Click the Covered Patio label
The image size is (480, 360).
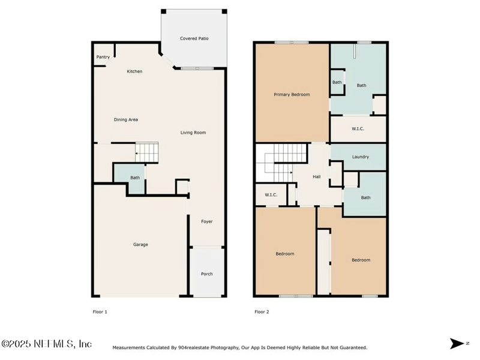(x=194, y=38)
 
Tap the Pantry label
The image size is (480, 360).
(x=103, y=57)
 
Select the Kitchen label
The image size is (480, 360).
(x=134, y=71)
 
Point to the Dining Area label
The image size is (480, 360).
(x=126, y=119)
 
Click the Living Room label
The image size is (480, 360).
(x=193, y=133)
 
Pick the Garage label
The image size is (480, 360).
(x=140, y=245)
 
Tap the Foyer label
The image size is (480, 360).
(x=206, y=221)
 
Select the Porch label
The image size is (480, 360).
(x=206, y=274)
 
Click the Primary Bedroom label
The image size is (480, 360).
(x=292, y=95)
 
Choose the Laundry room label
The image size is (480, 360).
(x=361, y=157)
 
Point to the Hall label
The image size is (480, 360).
(x=317, y=176)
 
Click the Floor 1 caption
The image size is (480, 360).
(x=100, y=312)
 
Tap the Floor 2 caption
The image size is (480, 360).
(x=262, y=312)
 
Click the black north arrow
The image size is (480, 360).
(x=457, y=343)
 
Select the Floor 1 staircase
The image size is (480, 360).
(x=146, y=152)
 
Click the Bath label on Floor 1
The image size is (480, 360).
(x=135, y=178)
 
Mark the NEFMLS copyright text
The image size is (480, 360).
(x=46, y=344)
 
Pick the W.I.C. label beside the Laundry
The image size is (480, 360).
(x=358, y=129)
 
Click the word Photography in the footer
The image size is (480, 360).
(x=226, y=348)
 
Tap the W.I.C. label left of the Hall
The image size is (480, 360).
(x=271, y=194)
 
